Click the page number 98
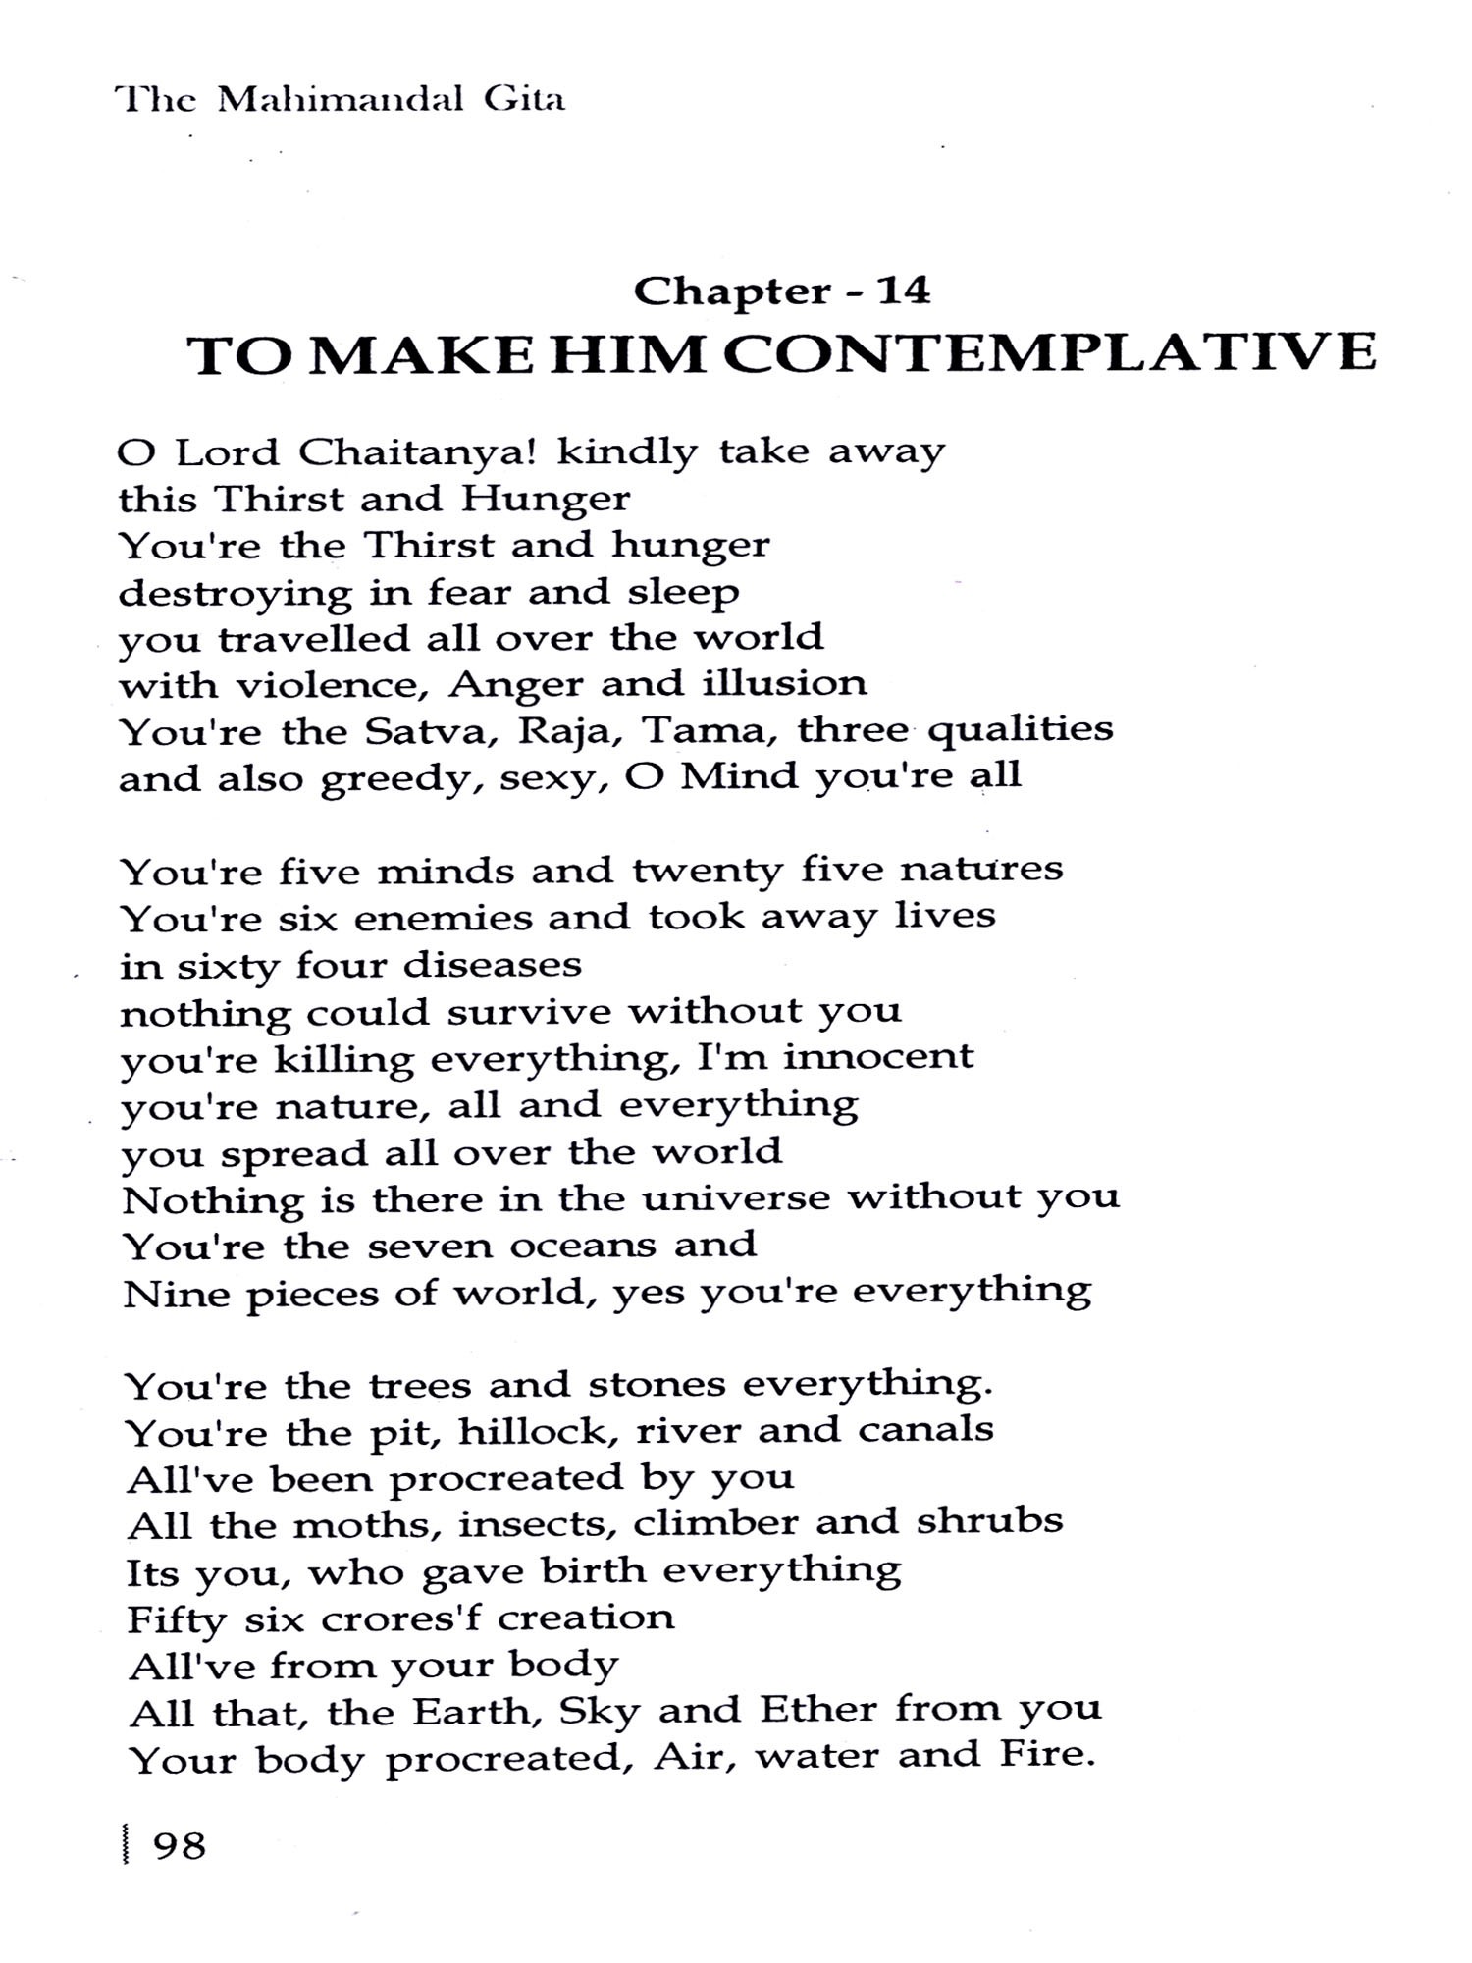tap(180, 1846)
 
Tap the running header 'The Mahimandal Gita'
tap(340, 100)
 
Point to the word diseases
tap(493, 965)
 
